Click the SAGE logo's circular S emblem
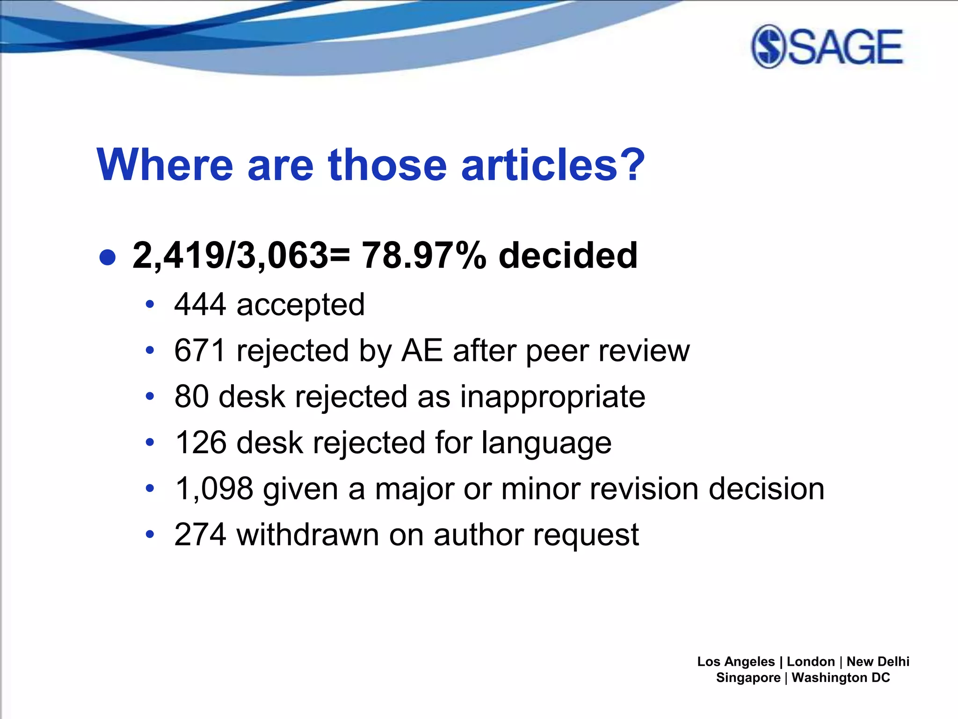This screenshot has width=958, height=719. point(769,47)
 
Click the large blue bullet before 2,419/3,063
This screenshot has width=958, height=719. point(108,257)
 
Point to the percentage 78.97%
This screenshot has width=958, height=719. point(424,256)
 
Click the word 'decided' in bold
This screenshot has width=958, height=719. point(568,256)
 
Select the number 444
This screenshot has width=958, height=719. point(200,305)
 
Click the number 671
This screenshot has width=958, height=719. point(200,351)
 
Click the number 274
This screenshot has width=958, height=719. point(200,535)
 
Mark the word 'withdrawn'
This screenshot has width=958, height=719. point(307,535)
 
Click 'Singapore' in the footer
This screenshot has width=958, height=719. point(748,678)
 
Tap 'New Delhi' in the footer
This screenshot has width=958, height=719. point(878,661)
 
